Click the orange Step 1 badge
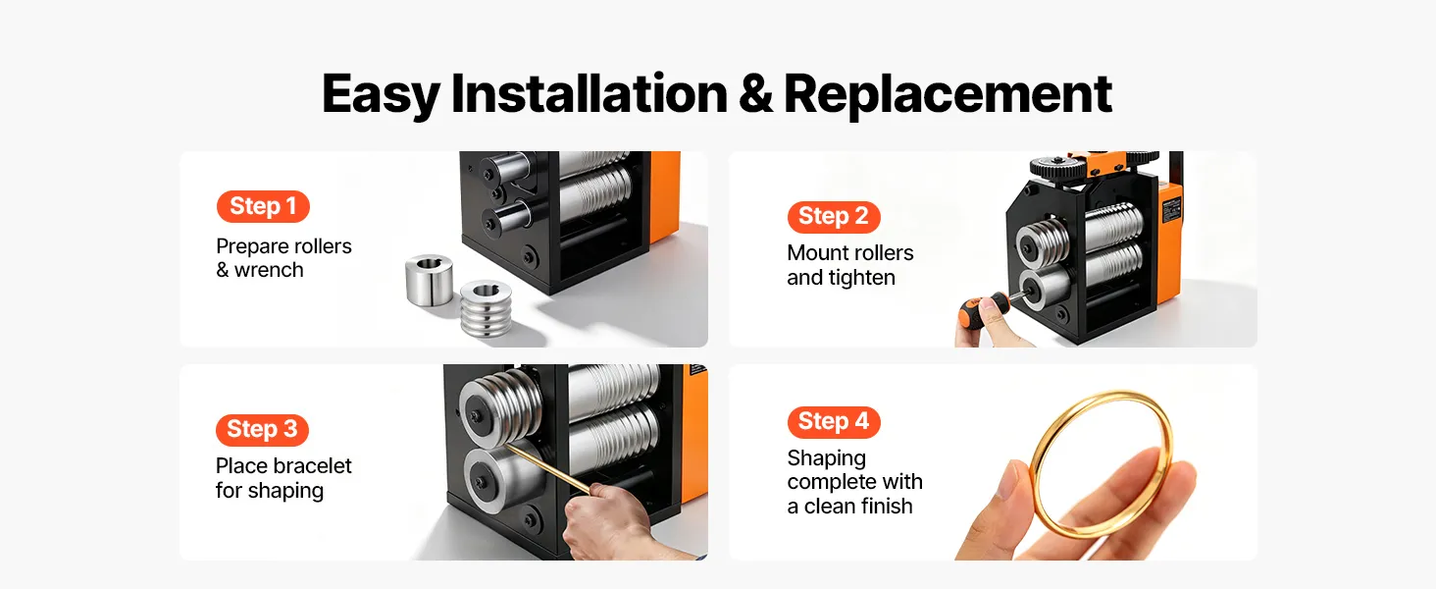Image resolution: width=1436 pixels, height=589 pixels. (263, 206)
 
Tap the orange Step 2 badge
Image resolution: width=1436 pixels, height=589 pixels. (834, 217)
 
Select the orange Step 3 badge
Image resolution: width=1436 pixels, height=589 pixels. (262, 429)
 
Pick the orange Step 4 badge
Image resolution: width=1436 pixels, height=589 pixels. (834, 422)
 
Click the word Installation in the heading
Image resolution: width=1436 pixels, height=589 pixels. (590, 93)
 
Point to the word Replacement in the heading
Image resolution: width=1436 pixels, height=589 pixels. (948, 95)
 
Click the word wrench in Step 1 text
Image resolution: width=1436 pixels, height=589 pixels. (269, 271)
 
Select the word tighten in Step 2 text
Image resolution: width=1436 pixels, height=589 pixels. (861, 278)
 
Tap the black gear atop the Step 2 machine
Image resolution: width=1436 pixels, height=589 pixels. (1057, 168)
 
